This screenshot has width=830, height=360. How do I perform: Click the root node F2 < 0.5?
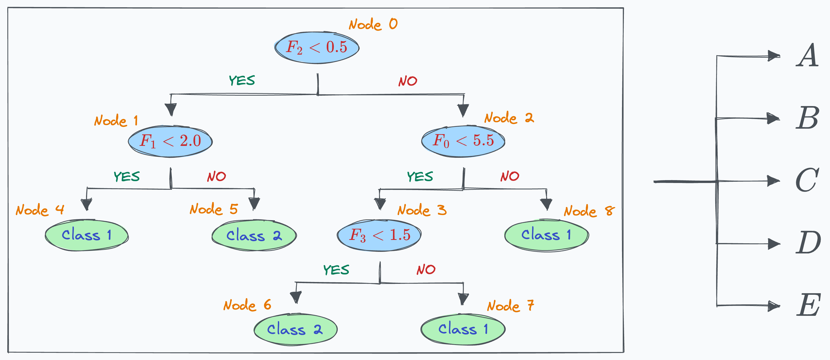pos(317,47)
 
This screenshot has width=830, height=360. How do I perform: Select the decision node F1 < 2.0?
pos(170,141)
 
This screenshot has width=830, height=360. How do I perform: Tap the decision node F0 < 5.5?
pos(463,141)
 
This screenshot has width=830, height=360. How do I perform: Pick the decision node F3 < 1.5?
pos(379,235)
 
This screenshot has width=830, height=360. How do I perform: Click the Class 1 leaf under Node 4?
pos(87,235)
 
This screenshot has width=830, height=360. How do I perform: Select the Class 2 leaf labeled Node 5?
pos(254,235)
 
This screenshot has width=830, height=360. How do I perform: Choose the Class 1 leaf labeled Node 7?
pos(463,329)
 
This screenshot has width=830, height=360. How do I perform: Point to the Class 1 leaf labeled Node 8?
pos(546,235)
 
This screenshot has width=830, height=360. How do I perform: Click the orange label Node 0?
pos(373,24)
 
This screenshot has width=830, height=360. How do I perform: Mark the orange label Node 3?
pos(422,210)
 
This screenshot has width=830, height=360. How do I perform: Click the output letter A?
pos(807,55)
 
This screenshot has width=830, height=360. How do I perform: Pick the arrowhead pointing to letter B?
pos(773,118)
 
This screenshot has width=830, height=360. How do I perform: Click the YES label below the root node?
pos(242,80)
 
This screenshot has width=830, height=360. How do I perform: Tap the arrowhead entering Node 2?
pos(463,110)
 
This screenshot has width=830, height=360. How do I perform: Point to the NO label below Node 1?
pos(216,176)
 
